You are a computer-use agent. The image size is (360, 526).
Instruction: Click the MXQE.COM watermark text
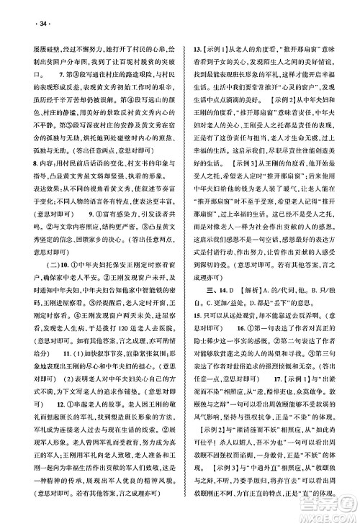[x=328, y=514]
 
